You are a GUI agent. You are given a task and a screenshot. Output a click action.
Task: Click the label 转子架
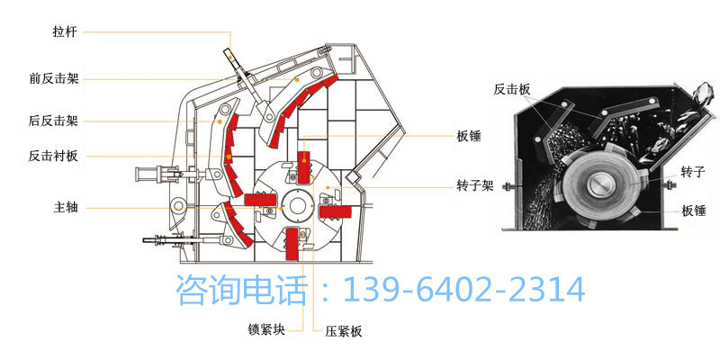click(474, 186)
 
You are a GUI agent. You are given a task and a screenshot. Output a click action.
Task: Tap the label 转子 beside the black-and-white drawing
click(692, 172)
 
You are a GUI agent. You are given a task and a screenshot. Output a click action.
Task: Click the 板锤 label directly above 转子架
click(469, 138)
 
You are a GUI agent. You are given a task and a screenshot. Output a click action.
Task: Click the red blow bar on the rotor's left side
click(259, 199)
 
